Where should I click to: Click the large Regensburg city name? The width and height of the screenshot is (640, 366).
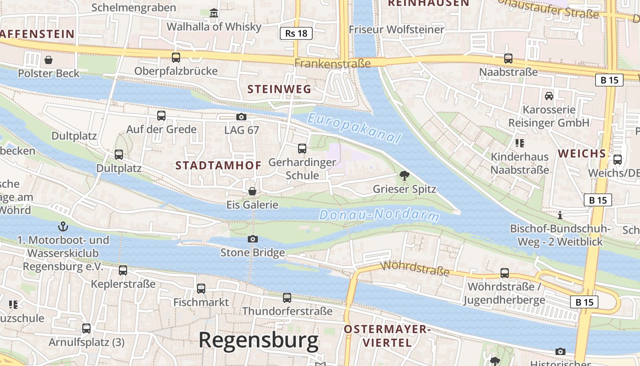pyautogui.click(x=258, y=341)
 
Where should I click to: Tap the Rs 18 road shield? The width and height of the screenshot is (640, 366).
pyautogui.click(x=296, y=33)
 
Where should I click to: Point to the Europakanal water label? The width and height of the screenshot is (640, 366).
pyautogui.click(x=354, y=128)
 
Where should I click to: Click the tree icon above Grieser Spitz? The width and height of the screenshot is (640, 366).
pyautogui.click(x=404, y=175)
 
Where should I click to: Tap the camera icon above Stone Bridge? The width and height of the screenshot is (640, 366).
pyautogui.click(x=252, y=239)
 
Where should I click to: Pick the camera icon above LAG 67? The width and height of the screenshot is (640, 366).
pyautogui.click(x=241, y=117)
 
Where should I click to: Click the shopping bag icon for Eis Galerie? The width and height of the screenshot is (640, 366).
pyautogui.click(x=252, y=191)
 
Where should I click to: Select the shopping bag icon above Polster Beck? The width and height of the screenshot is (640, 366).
pyautogui.click(x=48, y=59)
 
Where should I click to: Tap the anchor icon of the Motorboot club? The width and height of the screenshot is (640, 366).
pyautogui.click(x=63, y=226)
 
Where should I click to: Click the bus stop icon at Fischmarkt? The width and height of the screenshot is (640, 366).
pyautogui.click(x=201, y=289)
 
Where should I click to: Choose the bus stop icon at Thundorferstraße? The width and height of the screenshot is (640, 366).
pyautogui.click(x=287, y=298)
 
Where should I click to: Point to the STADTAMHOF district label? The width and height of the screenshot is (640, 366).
pyautogui.click(x=219, y=166)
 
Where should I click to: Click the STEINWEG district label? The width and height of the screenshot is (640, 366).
pyautogui.click(x=279, y=89)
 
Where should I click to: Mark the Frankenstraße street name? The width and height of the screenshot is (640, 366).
pyautogui.click(x=332, y=63)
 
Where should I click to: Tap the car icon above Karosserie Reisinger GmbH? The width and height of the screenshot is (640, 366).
pyautogui.click(x=549, y=96)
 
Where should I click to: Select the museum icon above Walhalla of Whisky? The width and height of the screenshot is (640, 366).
pyautogui.click(x=214, y=13)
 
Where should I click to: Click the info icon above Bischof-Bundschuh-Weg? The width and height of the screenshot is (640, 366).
pyautogui.click(x=560, y=215)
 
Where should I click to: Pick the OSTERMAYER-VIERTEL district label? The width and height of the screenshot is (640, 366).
pyautogui.click(x=387, y=336)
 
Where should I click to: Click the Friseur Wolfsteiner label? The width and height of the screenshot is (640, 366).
pyautogui.click(x=396, y=29)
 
